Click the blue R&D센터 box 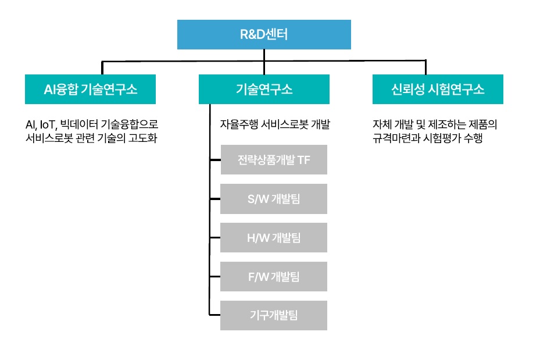coord(264,34)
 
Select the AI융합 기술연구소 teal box coord(90,89)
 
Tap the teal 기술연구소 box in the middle coord(264,89)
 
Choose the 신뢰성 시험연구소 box coord(438,89)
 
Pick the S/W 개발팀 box coord(274,198)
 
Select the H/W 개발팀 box coord(274,237)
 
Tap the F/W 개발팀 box coord(274,276)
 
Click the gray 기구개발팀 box coord(274,315)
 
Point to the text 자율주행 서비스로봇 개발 coord(274,124)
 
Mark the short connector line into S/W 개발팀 coord(214,199)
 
